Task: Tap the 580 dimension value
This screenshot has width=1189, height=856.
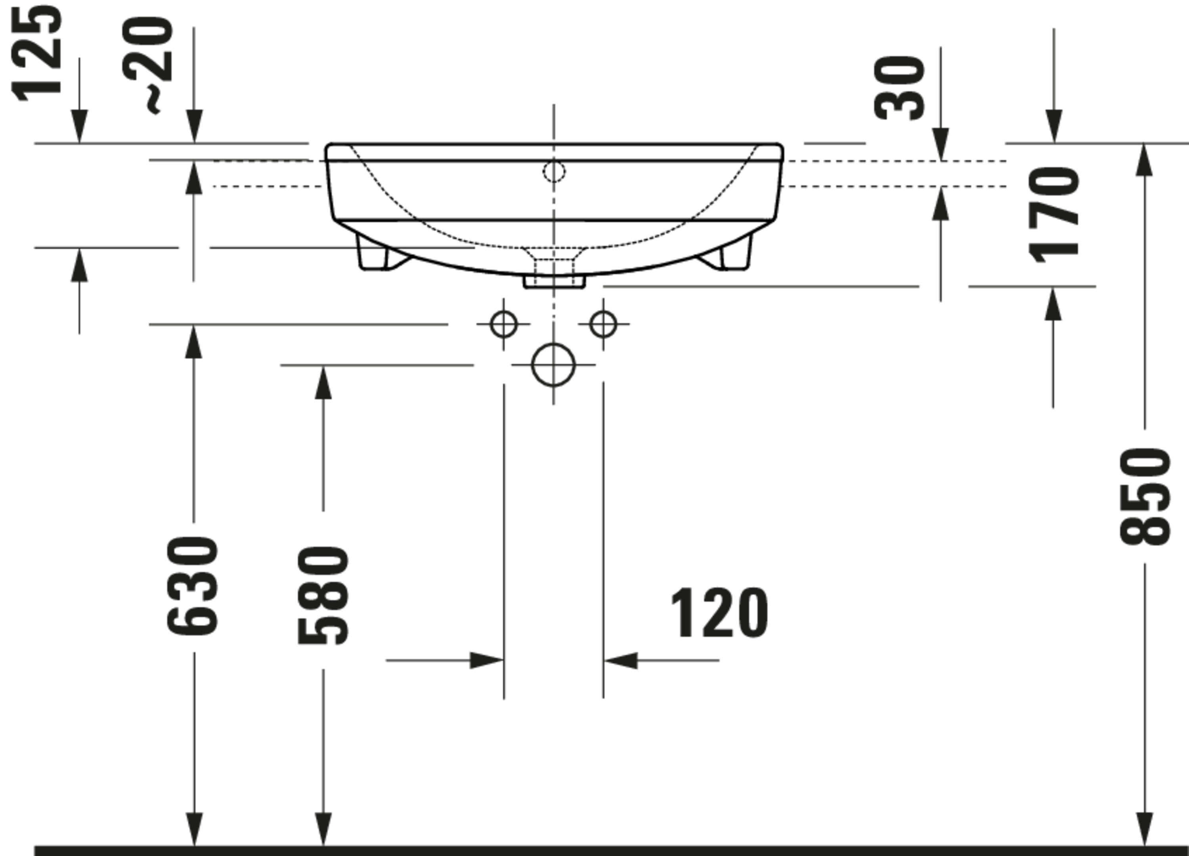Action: click(x=322, y=595)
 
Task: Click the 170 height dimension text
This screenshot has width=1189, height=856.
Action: click(x=1054, y=215)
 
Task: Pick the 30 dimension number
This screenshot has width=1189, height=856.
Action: click(x=900, y=88)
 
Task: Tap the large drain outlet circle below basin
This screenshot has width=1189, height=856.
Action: click(x=553, y=365)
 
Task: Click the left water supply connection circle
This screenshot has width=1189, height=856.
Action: click(x=503, y=325)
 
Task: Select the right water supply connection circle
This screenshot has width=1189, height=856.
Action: click(x=603, y=325)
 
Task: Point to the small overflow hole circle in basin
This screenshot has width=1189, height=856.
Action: click(x=554, y=172)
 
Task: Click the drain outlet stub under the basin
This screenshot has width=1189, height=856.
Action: click(x=554, y=281)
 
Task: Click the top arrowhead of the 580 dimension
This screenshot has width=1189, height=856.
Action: click(x=323, y=383)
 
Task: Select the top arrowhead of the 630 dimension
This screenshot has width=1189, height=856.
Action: click(x=194, y=342)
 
